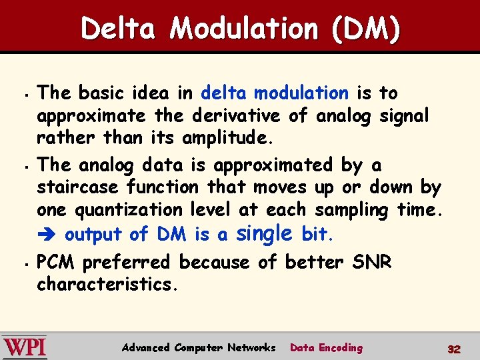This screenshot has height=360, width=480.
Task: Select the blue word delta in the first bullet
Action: (224, 93)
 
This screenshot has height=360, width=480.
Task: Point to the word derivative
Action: (236, 115)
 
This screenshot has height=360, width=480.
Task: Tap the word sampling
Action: (352, 210)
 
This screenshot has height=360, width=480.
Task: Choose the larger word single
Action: (265, 233)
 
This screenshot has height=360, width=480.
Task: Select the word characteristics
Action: (107, 285)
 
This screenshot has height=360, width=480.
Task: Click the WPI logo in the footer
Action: (25, 347)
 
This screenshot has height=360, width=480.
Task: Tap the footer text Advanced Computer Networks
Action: (199, 347)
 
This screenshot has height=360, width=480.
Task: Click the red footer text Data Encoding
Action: (327, 347)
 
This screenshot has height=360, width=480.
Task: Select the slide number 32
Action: (454, 349)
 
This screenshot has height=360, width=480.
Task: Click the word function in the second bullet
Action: (163, 187)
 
